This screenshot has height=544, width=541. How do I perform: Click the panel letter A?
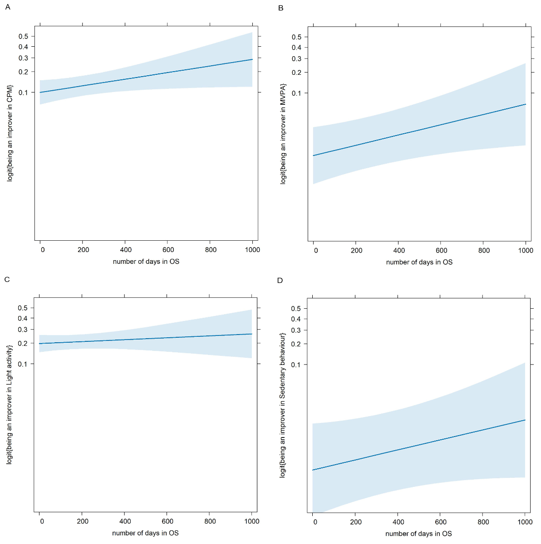7,7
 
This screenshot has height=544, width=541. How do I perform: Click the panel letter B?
280,8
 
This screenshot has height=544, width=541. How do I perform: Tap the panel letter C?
7,279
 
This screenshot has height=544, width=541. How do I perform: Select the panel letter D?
280,280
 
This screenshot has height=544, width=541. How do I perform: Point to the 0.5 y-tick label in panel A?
23,36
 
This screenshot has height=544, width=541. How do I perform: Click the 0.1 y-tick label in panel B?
296,93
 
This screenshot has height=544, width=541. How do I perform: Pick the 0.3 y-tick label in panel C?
23,330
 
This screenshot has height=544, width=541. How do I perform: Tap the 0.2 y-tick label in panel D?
296,344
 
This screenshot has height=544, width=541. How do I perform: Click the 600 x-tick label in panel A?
168,250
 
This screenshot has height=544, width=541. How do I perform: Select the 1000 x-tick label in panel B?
526,250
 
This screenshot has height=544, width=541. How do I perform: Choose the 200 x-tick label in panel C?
83,521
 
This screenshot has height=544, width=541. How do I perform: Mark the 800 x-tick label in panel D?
483,522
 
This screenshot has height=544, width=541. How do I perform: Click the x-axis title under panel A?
146,262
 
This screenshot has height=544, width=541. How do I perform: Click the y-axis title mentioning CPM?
10,133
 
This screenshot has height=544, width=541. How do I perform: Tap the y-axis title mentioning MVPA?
283,134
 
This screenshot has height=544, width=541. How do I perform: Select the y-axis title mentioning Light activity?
9,404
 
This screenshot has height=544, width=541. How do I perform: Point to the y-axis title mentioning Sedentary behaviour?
283,405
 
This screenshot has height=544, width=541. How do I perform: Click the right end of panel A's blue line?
252,59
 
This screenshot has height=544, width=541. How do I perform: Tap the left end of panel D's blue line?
313,470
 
